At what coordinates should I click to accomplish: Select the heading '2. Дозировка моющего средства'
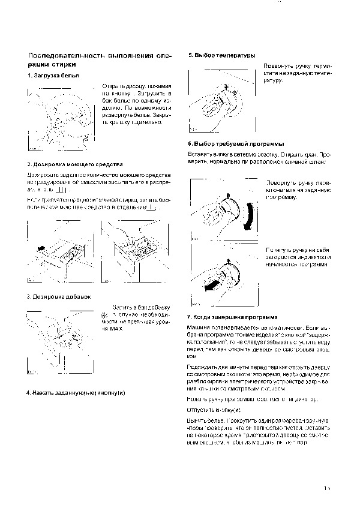[x=75, y=164]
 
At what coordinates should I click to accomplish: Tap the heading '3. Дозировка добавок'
[x=58, y=297]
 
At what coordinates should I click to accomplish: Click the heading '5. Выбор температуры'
[x=222, y=55]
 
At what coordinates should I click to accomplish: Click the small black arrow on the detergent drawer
[x=40, y=247]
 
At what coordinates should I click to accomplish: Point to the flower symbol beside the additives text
[x=104, y=315]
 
